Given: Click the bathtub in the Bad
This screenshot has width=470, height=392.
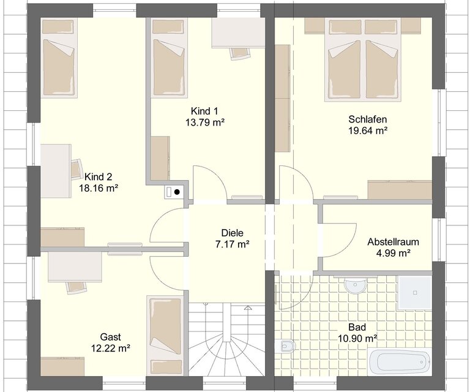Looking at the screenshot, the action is [400, 363].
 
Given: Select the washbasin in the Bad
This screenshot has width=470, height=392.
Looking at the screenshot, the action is [356, 285].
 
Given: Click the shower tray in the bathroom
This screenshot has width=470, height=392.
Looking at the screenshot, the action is [415, 292].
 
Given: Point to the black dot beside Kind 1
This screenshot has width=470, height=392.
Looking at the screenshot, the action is [177, 192].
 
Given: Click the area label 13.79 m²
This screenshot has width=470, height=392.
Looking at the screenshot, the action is [206, 123].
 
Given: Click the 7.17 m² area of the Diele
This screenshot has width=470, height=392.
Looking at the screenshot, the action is [233, 244].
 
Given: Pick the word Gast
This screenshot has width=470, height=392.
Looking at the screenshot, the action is [111, 337].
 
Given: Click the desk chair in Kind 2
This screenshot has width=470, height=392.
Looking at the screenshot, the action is [76, 170].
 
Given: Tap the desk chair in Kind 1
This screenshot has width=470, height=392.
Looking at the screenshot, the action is [240, 54].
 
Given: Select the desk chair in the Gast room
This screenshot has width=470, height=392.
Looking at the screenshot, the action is [76, 288].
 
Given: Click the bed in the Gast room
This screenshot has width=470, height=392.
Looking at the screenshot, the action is [165, 336].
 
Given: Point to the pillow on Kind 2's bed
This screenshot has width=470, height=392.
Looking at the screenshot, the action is [58, 27].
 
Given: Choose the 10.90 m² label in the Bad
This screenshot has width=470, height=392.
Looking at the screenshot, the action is [357, 339].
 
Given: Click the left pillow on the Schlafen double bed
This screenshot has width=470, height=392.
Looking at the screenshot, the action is [345, 27].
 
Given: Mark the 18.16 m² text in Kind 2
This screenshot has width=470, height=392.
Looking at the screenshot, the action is [99, 188].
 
